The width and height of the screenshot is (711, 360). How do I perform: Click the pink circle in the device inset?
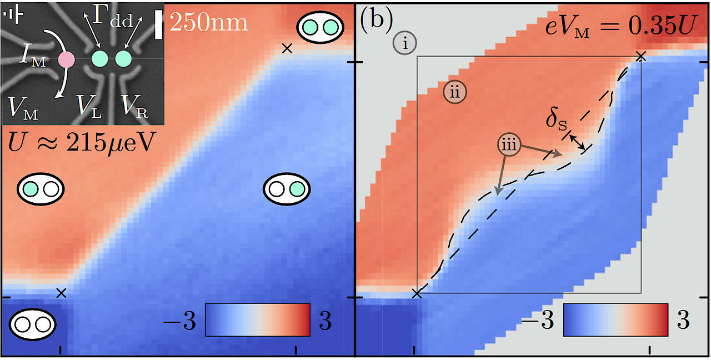point(67,59)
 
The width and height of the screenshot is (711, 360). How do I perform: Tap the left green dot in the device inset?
point(100,58)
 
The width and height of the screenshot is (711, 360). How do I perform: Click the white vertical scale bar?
point(159,26)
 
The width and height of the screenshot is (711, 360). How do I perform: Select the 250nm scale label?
point(208,22)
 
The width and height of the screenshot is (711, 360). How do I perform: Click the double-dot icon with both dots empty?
point(33,324)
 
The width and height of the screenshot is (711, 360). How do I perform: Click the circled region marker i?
point(405,43)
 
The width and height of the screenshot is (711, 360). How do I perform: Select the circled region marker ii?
point(455,92)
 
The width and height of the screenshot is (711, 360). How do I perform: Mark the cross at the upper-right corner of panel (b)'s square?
point(640,56)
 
